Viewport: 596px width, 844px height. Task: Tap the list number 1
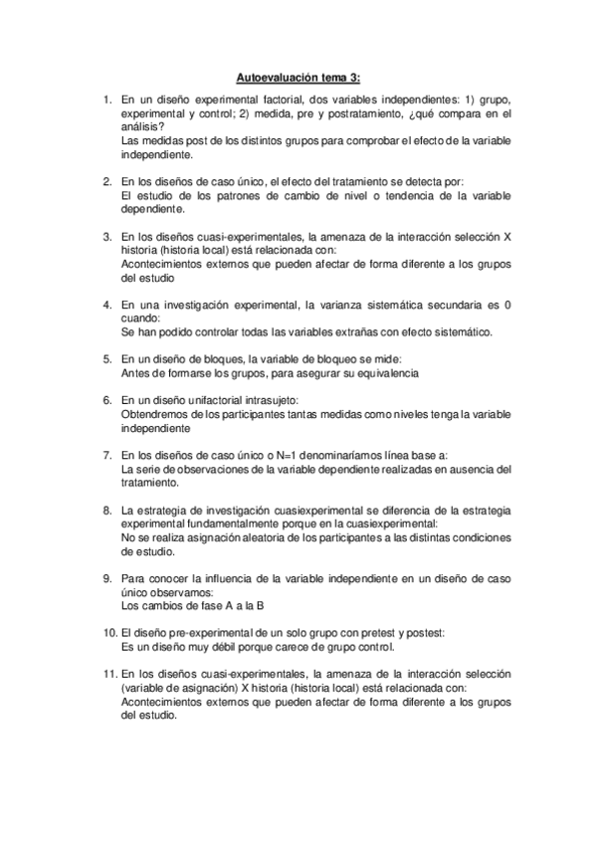pyautogui.click(x=107, y=101)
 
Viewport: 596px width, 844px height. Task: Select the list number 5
pyautogui.click(x=107, y=357)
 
